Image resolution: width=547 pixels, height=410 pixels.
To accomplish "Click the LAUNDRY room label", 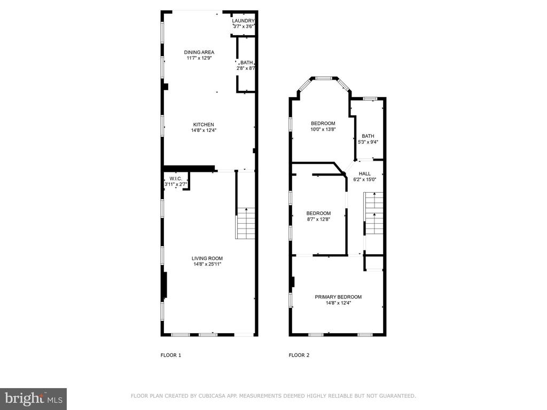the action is pyautogui.click(x=243, y=21).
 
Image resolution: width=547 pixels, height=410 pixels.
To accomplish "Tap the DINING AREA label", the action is pyautogui.click(x=199, y=52).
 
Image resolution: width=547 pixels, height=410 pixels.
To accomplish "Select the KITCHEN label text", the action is pyautogui.click(x=204, y=124).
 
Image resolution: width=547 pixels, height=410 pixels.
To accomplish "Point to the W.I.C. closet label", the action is pyautogui.click(x=176, y=178).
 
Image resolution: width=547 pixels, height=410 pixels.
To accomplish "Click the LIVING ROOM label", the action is pyautogui.click(x=207, y=258).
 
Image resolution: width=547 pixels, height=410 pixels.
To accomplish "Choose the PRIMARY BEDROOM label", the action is pyautogui.click(x=338, y=297).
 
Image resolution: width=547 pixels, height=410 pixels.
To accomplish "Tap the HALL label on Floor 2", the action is pyautogui.click(x=365, y=174).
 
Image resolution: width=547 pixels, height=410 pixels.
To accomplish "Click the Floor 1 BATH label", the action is pyautogui.click(x=247, y=63).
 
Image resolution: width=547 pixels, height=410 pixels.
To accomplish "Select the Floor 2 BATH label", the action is pyautogui.click(x=368, y=136).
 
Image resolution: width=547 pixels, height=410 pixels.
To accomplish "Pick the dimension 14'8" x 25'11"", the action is pyautogui.click(x=207, y=264).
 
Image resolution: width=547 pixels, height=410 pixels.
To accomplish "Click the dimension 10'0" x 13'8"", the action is pyautogui.click(x=323, y=129).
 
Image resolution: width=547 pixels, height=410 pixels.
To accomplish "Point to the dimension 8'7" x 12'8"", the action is pyautogui.click(x=318, y=219).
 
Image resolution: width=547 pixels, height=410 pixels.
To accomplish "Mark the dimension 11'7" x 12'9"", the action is pyautogui.click(x=199, y=58).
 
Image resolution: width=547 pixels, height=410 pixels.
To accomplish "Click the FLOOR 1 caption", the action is pyautogui.click(x=171, y=355).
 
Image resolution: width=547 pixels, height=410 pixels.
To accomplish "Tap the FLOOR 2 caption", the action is pyautogui.click(x=299, y=355).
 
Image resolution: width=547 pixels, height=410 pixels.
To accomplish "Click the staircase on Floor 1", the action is pyautogui.click(x=246, y=223).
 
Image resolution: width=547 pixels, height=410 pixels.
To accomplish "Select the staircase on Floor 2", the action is pyautogui.click(x=373, y=213).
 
